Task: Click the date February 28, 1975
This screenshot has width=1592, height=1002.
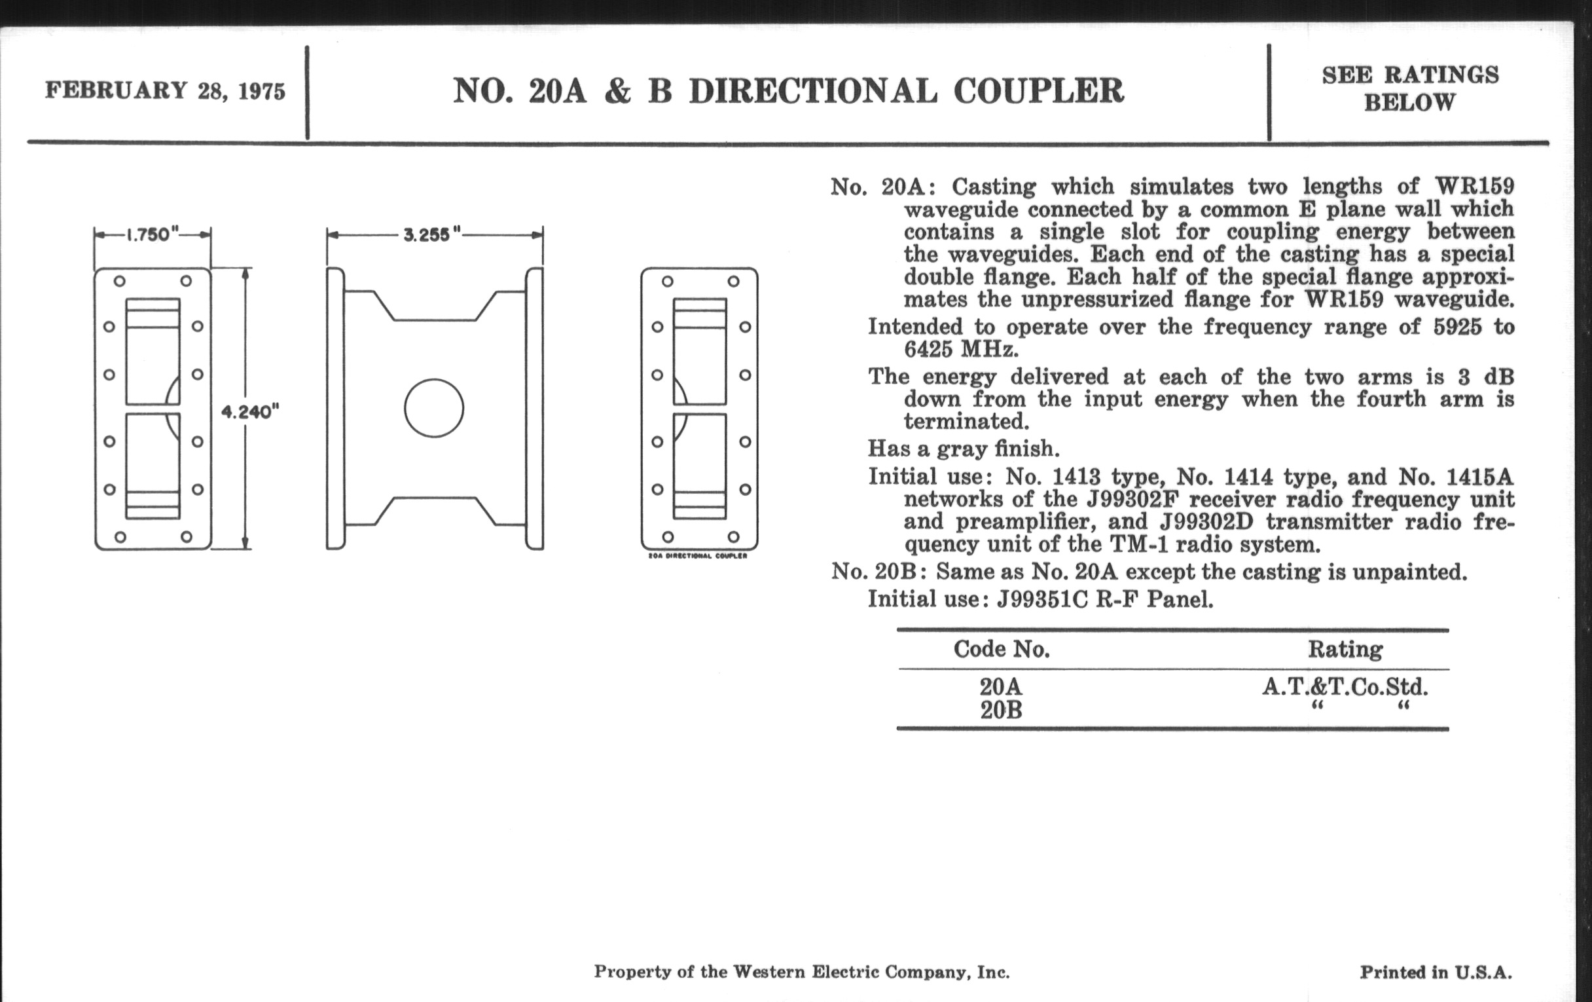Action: pos(165,90)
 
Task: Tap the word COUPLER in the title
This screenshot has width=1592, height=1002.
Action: pos(1039,90)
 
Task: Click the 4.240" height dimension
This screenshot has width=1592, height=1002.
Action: pos(250,412)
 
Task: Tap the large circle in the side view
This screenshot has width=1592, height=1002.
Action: pos(434,408)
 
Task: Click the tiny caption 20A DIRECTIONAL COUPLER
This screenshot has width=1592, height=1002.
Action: pos(698,555)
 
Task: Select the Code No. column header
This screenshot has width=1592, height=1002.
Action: pos(1002,649)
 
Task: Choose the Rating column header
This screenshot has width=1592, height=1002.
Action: pos(1345,649)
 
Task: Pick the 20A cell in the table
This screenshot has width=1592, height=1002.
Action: pos(1001,687)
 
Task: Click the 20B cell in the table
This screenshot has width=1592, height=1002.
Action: pos(1001,711)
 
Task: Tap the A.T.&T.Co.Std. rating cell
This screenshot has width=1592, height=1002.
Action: pos(1345,687)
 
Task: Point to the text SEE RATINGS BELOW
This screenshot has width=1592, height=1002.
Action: pos(1410,88)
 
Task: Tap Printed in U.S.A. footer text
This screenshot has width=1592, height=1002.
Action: pos(1436,973)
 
